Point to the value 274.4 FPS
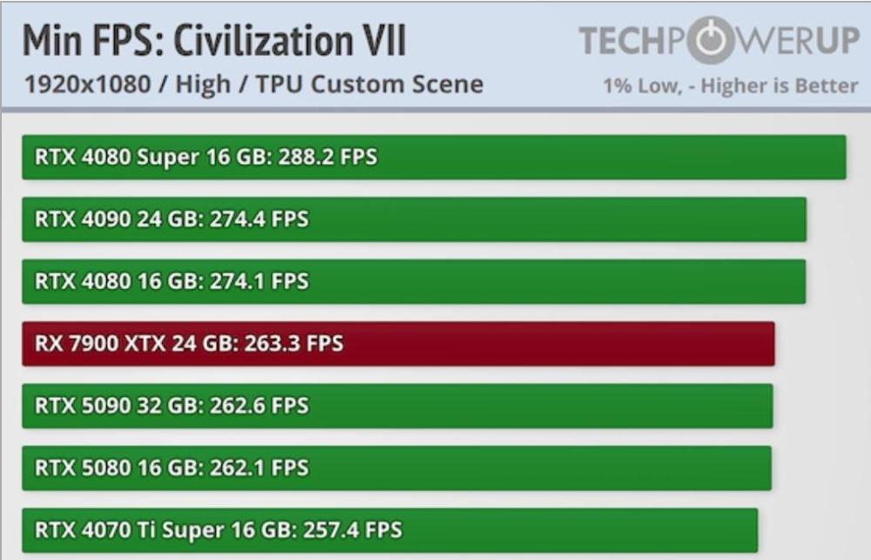click(260, 219)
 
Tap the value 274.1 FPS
click(260, 281)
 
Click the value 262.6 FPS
click(260, 406)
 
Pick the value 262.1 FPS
click(260, 468)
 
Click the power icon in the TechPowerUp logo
click(711, 40)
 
